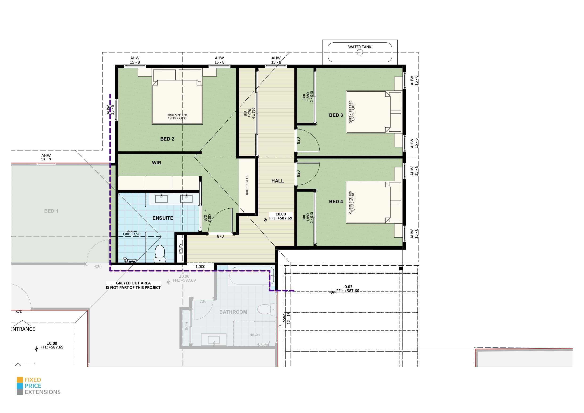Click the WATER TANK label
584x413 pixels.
point(359,47)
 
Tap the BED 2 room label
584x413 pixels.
point(167,139)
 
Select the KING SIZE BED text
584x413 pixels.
point(177,115)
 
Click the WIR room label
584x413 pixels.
point(157,163)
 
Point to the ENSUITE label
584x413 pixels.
point(163,218)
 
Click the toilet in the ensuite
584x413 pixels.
point(160,253)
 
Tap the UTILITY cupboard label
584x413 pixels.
point(180,249)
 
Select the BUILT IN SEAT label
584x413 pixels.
point(247,185)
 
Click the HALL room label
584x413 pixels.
point(277,181)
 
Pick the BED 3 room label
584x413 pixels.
point(336,115)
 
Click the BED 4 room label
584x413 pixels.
point(336,202)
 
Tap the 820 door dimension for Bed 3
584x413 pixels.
point(298,141)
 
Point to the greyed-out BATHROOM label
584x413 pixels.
point(233,312)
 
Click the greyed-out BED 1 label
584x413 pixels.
point(51,211)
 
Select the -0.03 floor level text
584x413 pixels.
point(347,287)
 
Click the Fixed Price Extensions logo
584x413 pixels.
point(39,386)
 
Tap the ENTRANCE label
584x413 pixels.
point(23,329)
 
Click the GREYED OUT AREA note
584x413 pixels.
point(133,285)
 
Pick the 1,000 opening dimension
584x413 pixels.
point(200,267)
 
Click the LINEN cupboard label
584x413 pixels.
point(187,327)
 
